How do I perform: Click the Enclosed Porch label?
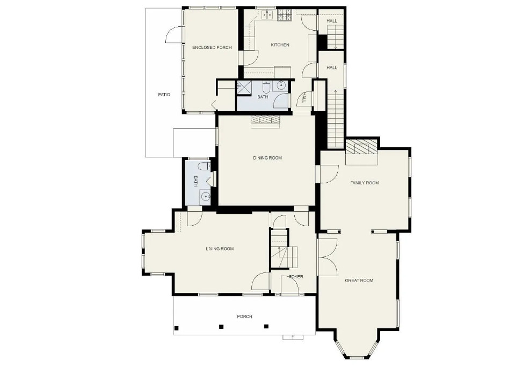[x=212, y=47]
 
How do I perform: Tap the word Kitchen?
[x=280, y=45]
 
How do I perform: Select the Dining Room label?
[x=267, y=158]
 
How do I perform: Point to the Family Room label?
[x=365, y=183]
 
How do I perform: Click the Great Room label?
[x=359, y=280]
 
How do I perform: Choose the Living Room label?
[x=220, y=249]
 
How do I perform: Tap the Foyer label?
[x=296, y=277]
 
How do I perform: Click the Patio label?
[x=164, y=95]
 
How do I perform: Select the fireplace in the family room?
[x=361, y=148]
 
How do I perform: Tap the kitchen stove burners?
[x=285, y=15]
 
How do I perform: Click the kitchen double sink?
[x=267, y=15]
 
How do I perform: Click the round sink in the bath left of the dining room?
[x=205, y=196]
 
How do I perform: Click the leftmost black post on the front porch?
[x=176, y=328]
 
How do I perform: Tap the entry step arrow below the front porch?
[x=293, y=337]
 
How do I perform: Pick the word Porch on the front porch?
[x=245, y=316]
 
